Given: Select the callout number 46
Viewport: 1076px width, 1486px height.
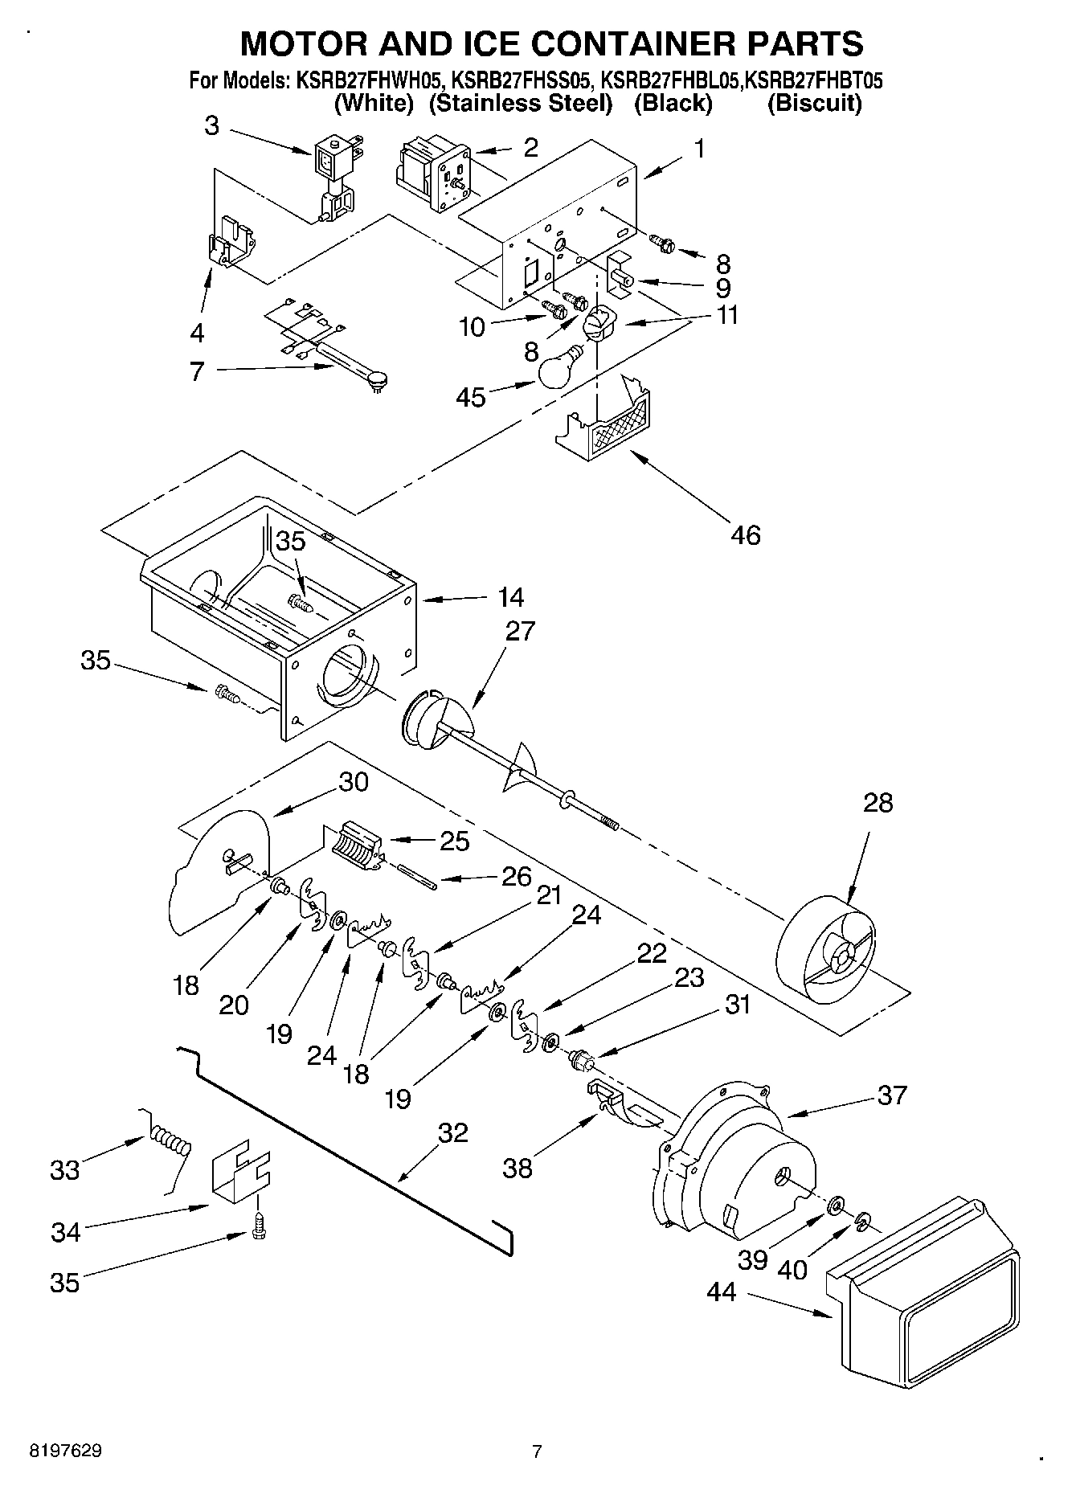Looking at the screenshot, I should [746, 534].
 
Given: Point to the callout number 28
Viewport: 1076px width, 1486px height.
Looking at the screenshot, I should [878, 802].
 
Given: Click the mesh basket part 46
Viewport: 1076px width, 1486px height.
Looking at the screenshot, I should [611, 424].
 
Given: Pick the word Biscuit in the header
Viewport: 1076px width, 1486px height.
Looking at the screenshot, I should [815, 104].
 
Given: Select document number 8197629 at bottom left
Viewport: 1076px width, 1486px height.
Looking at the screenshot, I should [65, 1451].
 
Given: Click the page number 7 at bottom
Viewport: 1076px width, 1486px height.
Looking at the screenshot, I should [537, 1451].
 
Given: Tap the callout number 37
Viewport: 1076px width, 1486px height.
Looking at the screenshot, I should [892, 1095].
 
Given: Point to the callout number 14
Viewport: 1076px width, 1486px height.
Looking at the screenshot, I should [510, 597].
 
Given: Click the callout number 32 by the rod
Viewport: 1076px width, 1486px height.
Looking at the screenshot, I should [452, 1132].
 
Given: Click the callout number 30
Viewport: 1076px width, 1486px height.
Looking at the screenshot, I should [353, 781].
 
